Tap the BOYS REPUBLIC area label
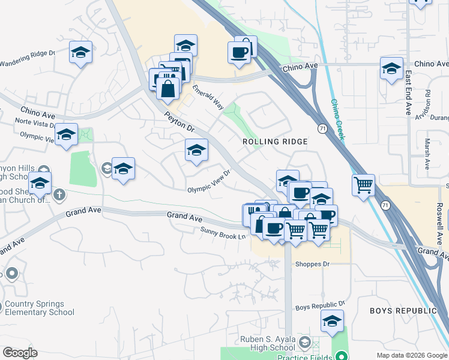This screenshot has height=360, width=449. [x=403, y=311]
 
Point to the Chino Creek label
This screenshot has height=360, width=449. [x=338, y=120]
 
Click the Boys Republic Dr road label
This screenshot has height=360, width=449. [x=321, y=306]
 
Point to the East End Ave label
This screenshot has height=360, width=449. [x=408, y=93]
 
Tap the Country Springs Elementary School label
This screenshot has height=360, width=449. [x=40, y=308]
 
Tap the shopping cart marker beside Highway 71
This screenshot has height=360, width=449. [x=363, y=185]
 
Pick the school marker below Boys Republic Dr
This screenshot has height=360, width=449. [x=332, y=321]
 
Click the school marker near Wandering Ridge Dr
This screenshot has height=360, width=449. [x=80, y=52]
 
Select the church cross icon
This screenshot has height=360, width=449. [x=59, y=194]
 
